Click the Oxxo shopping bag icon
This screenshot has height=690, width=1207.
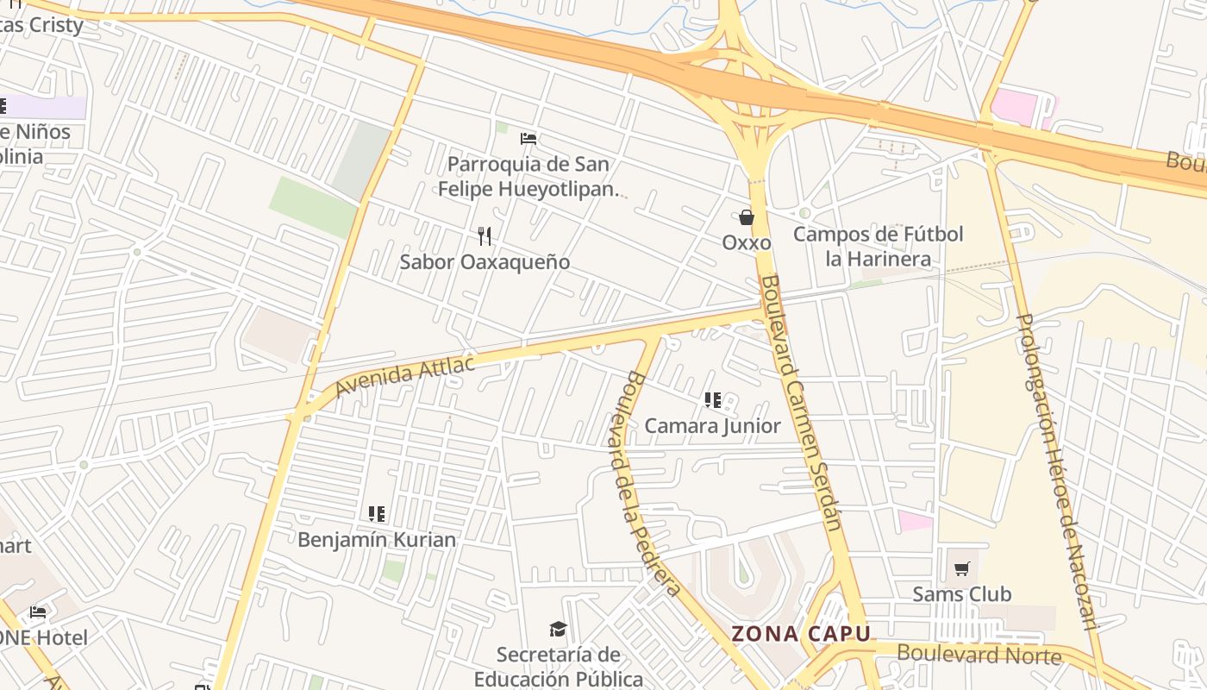click(747, 217)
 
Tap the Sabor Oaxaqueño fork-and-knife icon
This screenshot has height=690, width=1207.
click(485, 235)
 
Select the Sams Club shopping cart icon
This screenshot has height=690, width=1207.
click(962, 568)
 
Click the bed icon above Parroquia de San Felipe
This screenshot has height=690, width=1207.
click(528, 138)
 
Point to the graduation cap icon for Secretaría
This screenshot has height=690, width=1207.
click(559, 630)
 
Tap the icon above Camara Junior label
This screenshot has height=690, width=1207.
click(712, 400)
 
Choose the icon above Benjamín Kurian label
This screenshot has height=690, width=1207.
click(377, 514)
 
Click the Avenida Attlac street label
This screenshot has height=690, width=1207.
click(404, 376)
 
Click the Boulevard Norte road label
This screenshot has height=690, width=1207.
click(979, 654)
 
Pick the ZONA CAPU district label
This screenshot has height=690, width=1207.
click(801, 634)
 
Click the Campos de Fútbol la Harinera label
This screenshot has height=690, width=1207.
click(878, 246)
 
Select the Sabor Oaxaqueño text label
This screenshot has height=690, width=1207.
click(485, 261)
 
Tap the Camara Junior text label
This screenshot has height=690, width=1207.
click(712, 425)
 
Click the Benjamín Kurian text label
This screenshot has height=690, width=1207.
click(377, 539)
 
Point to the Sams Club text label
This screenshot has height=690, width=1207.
click(962, 593)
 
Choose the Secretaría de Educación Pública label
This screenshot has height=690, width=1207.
click(559, 667)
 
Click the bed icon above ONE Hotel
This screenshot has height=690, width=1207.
click(38, 612)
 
